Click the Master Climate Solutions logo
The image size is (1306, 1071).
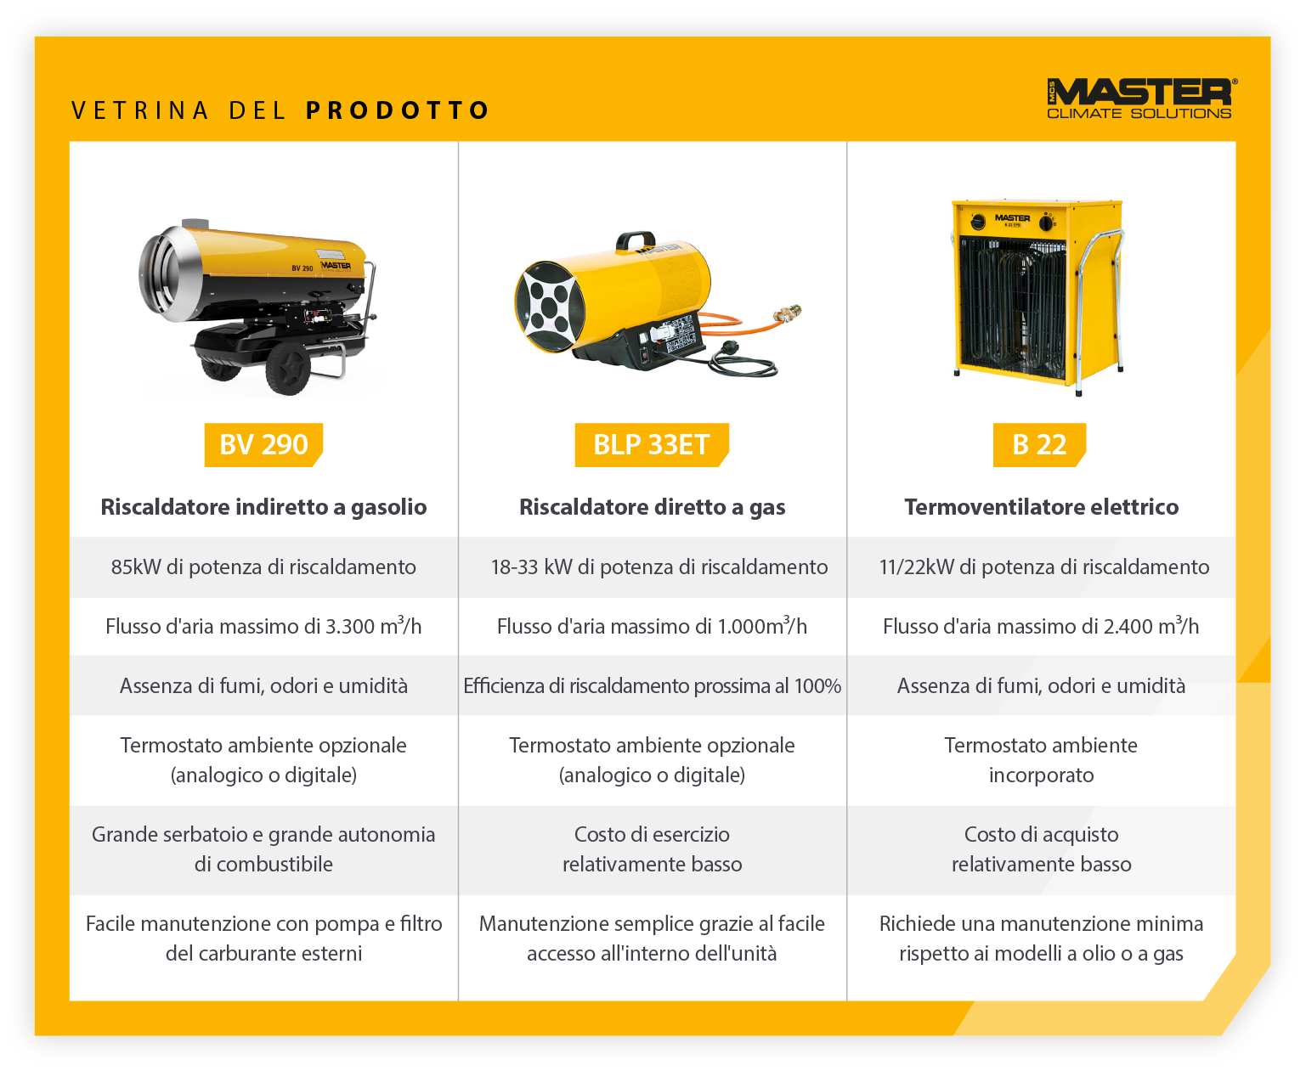click(x=1141, y=98)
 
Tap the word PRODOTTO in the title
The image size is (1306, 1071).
click(x=397, y=110)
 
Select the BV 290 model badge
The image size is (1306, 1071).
click(x=263, y=444)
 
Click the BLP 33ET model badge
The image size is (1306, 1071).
click(x=651, y=444)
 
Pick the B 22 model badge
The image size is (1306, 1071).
click(x=1039, y=444)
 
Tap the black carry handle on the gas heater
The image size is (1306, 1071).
click(x=636, y=240)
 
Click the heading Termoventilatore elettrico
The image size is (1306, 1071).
click(x=1041, y=507)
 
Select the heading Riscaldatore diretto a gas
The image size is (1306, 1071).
click(x=652, y=507)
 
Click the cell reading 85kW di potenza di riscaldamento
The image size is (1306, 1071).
click(x=263, y=567)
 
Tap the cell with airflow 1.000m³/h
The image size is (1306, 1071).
click(x=652, y=626)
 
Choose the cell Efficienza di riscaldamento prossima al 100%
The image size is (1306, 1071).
click(x=652, y=685)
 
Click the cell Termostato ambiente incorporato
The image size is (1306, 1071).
click(x=1041, y=759)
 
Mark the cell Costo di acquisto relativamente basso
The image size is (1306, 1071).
click(x=1041, y=848)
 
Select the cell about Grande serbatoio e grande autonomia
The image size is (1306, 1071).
click(x=263, y=848)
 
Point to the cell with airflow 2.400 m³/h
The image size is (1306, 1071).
click(x=1041, y=626)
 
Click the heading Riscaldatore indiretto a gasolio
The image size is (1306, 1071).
click(x=263, y=507)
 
